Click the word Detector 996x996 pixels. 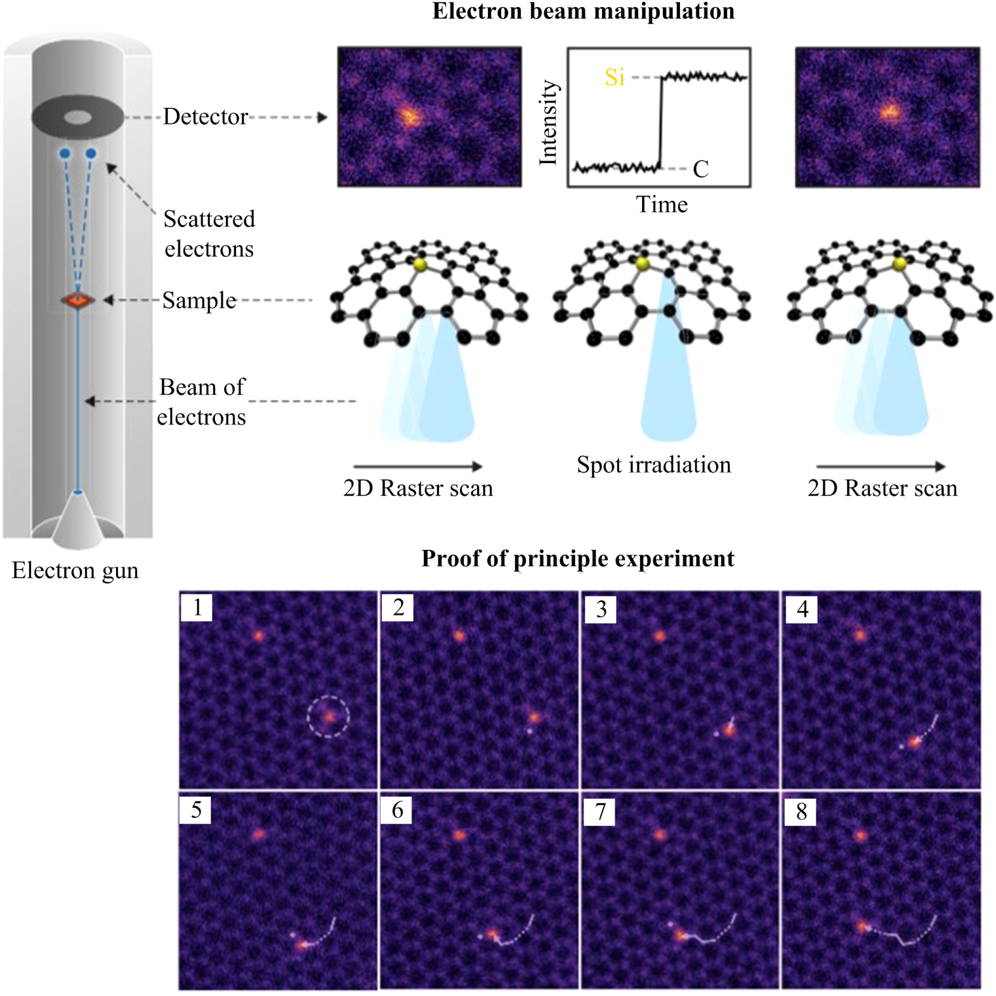point(205,117)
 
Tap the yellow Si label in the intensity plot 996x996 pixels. point(614,77)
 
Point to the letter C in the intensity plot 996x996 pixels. point(700,169)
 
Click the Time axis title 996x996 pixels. point(661,204)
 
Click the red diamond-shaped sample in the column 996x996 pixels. point(77,300)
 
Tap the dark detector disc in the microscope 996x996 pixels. point(77,117)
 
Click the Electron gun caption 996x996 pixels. point(75,570)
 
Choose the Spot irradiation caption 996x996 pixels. point(653,464)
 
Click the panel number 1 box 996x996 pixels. point(197,607)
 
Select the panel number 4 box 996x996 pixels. point(802,609)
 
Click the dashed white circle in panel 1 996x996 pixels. point(328,717)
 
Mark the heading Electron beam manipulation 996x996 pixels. point(583,11)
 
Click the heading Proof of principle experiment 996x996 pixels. point(577,558)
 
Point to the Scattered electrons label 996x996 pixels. point(209,233)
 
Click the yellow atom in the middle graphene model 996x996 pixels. point(643,264)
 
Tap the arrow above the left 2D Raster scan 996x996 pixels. point(417,466)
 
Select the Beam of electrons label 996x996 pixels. point(202,402)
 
